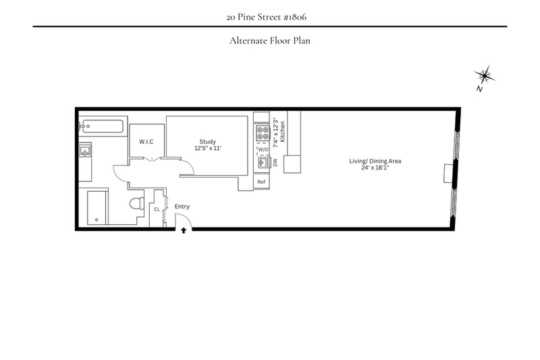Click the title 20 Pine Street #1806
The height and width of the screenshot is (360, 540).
click(x=266, y=17)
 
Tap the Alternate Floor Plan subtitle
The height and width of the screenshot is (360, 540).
click(x=269, y=41)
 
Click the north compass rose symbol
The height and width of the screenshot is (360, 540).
click(x=484, y=76)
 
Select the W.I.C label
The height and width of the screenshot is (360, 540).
click(x=146, y=142)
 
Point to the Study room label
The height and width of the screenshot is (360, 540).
click(x=208, y=142)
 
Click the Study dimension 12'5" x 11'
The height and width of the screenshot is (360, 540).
click(x=208, y=148)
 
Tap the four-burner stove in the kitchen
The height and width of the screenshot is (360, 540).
click(x=263, y=133)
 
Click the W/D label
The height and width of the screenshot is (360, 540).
click(x=263, y=149)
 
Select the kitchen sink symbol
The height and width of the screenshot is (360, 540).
click(x=263, y=162)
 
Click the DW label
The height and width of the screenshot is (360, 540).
click(x=275, y=162)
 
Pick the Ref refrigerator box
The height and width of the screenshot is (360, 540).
click(x=261, y=182)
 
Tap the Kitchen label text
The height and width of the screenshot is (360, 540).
click(x=282, y=132)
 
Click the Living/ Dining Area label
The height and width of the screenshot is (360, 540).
click(x=375, y=161)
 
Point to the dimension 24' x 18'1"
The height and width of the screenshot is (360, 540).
click(x=375, y=168)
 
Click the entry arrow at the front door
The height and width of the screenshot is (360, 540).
click(x=184, y=230)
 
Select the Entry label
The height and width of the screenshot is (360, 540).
click(x=182, y=207)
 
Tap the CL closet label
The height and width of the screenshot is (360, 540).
click(x=157, y=209)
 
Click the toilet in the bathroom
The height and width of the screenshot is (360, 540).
click(x=138, y=203)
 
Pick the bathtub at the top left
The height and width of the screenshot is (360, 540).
click(x=102, y=126)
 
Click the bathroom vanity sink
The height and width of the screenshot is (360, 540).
click(x=85, y=151)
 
